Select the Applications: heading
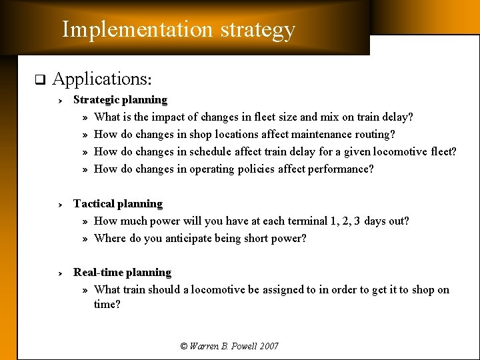point(103,79)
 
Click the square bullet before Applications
point(39,81)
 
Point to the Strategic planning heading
point(120,100)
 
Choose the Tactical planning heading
point(118,204)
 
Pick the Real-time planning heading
point(122,273)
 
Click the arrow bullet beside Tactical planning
point(59,205)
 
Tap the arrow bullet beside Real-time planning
point(59,273)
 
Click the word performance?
point(341,169)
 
